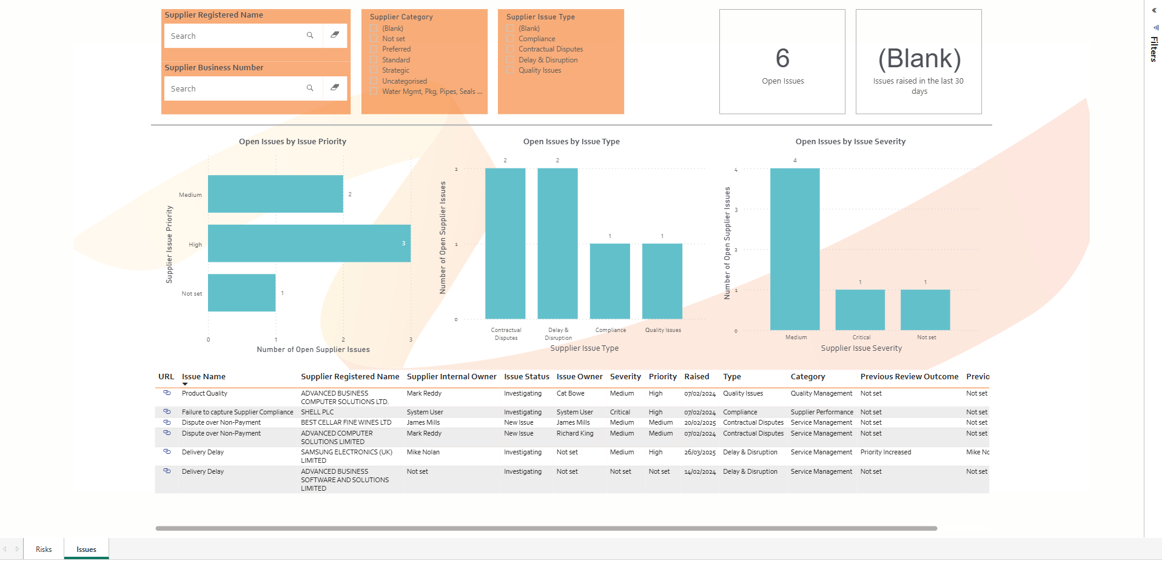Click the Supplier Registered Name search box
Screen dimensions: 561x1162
(237, 36)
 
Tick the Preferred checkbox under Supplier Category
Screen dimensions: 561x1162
(374, 49)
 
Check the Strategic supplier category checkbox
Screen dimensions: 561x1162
(374, 70)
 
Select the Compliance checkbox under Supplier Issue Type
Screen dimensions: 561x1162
(511, 39)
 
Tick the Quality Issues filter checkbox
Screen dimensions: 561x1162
(511, 70)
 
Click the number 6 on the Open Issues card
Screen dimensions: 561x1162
(782, 59)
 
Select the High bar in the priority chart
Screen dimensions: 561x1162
(309, 244)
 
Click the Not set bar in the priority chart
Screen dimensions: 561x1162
(241, 293)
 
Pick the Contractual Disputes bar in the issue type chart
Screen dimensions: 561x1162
(505, 244)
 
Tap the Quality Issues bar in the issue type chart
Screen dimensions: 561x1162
(662, 281)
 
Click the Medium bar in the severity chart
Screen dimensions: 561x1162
(794, 249)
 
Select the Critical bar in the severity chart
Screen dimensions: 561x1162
(860, 310)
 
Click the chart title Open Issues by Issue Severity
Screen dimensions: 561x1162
(850, 142)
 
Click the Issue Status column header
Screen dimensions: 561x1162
(526, 377)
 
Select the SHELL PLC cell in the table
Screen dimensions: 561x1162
(317, 412)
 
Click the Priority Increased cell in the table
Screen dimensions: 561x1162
(885, 453)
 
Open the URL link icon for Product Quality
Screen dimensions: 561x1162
(167, 393)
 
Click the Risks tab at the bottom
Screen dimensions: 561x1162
(44, 549)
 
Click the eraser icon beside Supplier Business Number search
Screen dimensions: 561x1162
(335, 88)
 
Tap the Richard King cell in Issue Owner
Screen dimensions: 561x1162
(575, 434)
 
